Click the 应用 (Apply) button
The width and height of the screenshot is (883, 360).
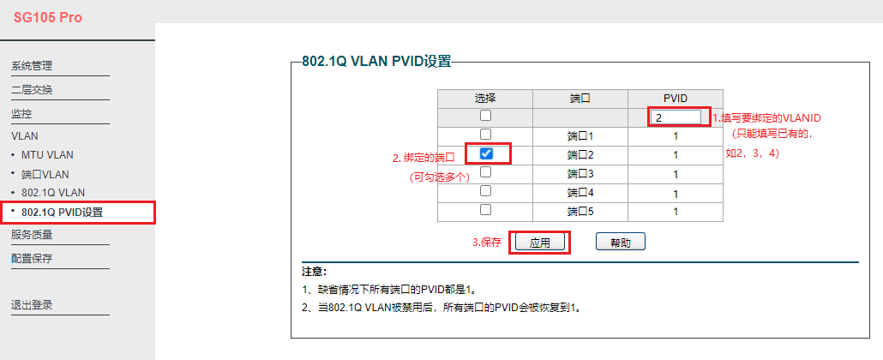540,243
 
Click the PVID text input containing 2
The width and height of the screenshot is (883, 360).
676,117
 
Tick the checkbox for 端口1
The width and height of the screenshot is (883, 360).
485,135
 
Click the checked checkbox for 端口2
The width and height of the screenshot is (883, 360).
486,153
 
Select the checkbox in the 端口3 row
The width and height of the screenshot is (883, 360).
485,172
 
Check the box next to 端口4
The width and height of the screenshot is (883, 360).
485,191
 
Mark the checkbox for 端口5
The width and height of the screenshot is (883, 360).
485,210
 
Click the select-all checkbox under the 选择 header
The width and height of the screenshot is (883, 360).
485,116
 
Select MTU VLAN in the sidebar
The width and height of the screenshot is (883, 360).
47,155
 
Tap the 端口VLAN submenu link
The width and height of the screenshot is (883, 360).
45,174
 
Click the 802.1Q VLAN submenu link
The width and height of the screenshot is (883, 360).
53,193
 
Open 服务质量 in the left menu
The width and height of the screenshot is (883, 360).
32,235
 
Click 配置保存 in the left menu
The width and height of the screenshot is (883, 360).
32,258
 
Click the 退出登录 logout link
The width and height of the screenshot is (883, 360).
32,304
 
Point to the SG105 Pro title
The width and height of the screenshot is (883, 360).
48,18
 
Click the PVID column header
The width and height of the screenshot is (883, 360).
675,99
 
